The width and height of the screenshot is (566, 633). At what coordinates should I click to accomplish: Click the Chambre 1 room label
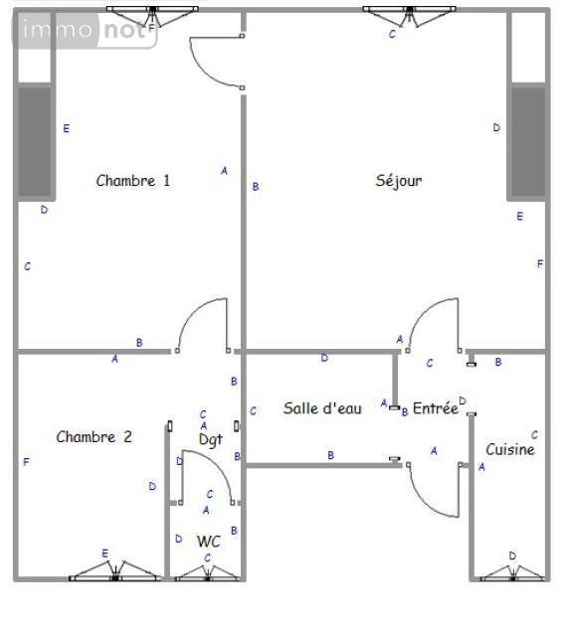tap(133, 181)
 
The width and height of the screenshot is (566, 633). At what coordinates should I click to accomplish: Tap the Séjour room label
tap(399, 181)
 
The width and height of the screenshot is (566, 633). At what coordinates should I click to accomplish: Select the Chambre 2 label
tap(94, 437)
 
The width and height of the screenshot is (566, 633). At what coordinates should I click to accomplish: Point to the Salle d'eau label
tap(322, 408)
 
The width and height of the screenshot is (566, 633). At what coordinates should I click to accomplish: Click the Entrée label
tap(436, 408)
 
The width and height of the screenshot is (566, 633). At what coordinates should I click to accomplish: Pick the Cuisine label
tap(510, 450)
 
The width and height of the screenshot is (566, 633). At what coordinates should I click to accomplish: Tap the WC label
tap(209, 542)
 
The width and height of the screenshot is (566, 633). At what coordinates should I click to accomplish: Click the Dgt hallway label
tap(210, 438)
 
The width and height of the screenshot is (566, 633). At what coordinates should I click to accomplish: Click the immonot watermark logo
tap(85, 32)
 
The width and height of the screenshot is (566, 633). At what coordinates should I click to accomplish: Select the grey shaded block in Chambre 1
tap(35, 142)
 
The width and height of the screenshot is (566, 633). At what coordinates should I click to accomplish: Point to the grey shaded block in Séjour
tap(528, 142)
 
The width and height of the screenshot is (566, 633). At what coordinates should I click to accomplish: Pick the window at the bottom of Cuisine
tap(512, 572)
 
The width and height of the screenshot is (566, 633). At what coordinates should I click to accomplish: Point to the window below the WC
tap(208, 572)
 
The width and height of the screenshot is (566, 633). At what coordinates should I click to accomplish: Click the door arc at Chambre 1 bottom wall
tap(203, 324)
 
